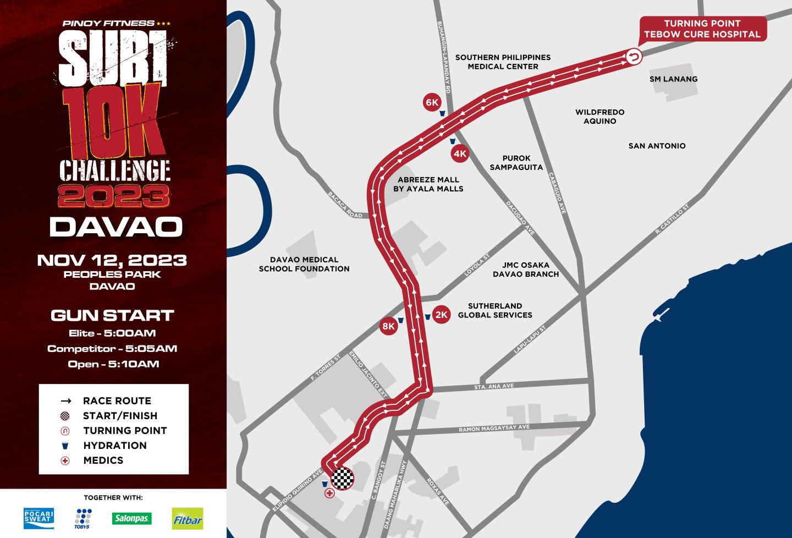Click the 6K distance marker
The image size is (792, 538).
tap(432, 102)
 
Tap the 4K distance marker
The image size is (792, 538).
tap(460, 153)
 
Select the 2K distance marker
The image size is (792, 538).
tap(441, 315)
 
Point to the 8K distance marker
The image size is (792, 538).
tap(388, 326)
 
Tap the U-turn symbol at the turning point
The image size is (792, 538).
tap(634, 57)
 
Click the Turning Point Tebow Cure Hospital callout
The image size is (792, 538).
tap(702, 29)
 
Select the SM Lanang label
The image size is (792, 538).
tap(673, 79)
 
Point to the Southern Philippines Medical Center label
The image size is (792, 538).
tap(503, 62)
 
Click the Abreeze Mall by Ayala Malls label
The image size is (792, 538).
tap(428, 184)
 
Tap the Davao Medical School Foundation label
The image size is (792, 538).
tap(304, 264)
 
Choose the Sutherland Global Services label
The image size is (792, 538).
tap(495, 310)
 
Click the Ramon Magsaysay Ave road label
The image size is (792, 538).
tap(494, 428)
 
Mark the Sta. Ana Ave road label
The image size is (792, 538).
tap(494, 387)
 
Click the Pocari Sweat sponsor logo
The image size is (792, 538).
tap(38, 518)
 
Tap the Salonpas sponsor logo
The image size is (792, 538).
tap(131, 518)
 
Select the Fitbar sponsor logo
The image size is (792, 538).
tap(188, 519)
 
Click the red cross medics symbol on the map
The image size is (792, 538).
tap(329, 493)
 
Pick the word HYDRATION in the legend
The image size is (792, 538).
tap(115, 446)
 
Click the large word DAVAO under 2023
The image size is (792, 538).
tap(116, 227)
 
